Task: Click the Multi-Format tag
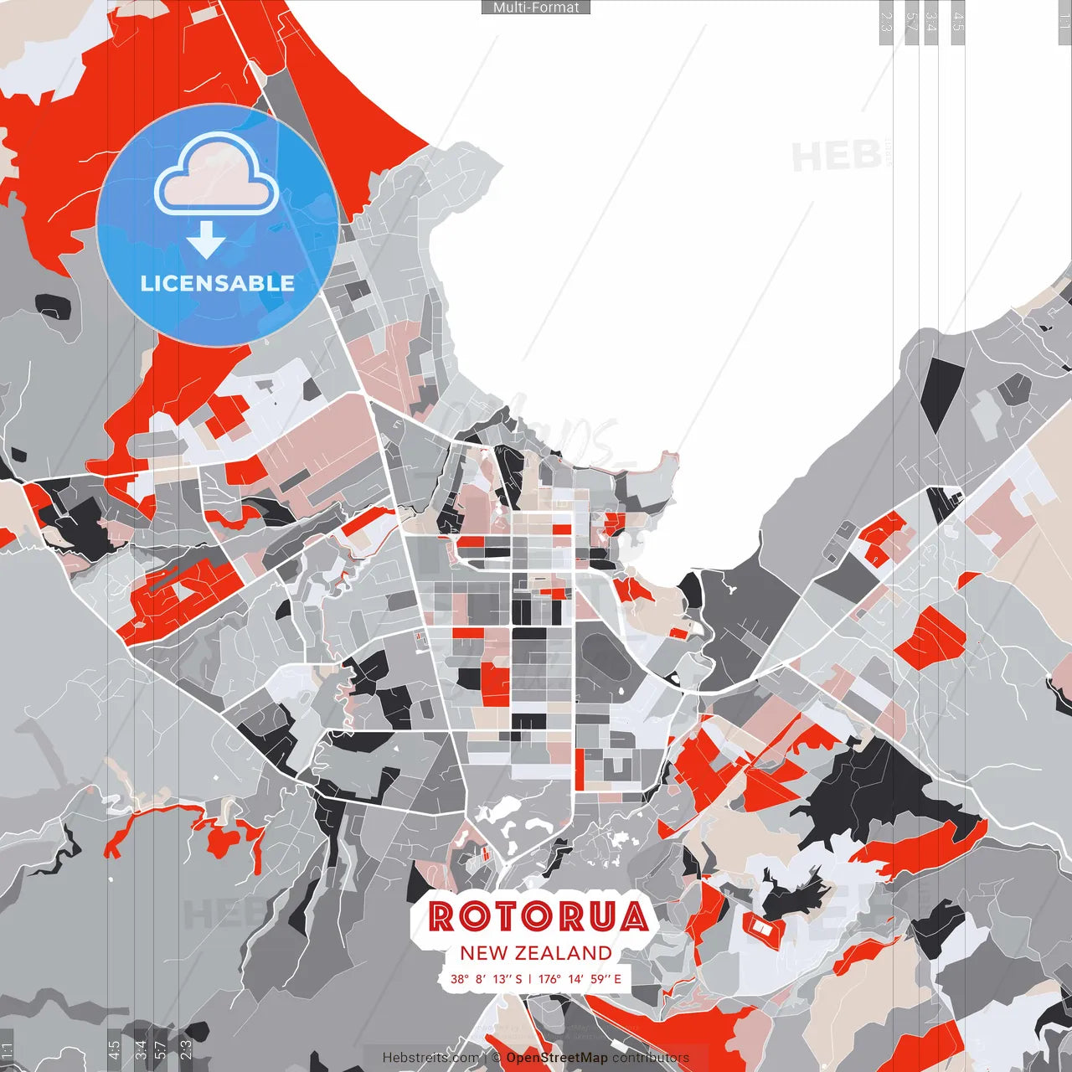(x=536, y=8)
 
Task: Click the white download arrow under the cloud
(x=206, y=240)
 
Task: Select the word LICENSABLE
(x=218, y=283)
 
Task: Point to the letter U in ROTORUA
(x=600, y=916)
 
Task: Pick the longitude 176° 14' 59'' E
(x=580, y=978)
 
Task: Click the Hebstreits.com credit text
(x=430, y=1058)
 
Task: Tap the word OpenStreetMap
(x=557, y=1058)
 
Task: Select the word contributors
(x=651, y=1058)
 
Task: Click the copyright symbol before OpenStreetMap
(x=497, y=1058)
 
